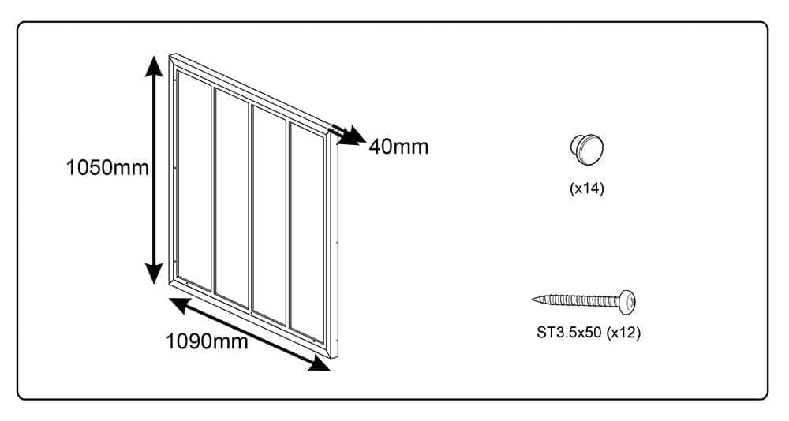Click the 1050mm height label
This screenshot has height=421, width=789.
(x=107, y=168)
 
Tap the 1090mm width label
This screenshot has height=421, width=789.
(x=207, y=341)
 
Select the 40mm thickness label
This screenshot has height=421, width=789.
(x=398, y=146)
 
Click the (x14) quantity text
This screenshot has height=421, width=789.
(x=586, y=189)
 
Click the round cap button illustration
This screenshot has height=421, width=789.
(x=586, y=148)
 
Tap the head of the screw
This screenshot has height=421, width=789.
(x=629, y=300)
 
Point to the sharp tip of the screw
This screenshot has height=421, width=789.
(x=535, y=300)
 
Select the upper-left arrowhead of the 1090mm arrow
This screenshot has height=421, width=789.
(x=178, y=304)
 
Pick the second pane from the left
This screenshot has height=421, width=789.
(x=233, y=197)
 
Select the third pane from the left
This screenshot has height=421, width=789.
(x=269, y=214)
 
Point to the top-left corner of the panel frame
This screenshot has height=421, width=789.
(x=171, y=57)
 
